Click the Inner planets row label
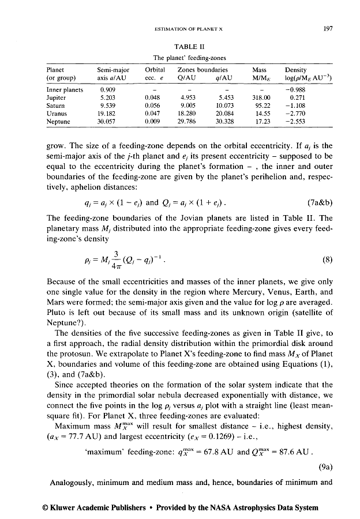tap(65, 90)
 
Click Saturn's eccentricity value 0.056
tap(153, 106)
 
